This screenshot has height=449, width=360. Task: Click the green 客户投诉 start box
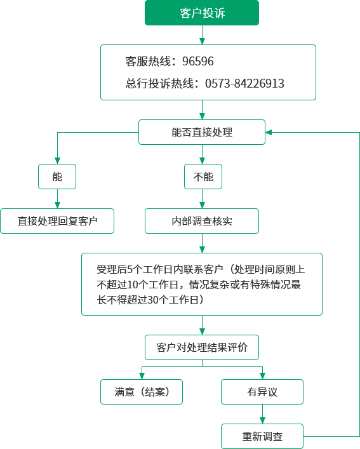pyautogui.click(x=202, y=13)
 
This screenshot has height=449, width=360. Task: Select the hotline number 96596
pyautogui.click(x=197, y=61)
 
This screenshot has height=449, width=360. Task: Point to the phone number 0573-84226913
pyautogui.click(x=244, y=84)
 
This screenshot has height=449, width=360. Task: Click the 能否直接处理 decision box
pyautogui.click(x=202, y=132)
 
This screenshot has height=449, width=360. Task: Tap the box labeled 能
pyautogui.click(x=57, y=177)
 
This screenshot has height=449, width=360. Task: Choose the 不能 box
pyautogui.click(x=203, y=177)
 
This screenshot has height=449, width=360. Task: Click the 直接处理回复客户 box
pyautogui.click(x=57, y=221)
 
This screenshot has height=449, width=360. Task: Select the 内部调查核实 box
pyautogui.click(x=202, y=221)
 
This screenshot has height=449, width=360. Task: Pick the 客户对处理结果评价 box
pyautogui.click(x=202, y=347)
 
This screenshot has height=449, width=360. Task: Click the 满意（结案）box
pyautogui.click(x=142, y=392)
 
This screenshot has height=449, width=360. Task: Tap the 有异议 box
pyautogui.click(x=262, y=392)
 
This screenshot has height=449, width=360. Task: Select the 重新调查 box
pyautogui.click(x=262, y=436)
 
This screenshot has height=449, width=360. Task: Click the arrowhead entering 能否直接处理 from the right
pyautogui.click(x=269, y=132)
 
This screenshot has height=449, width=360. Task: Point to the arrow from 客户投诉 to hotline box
pyautogui.click(x=203, y=35)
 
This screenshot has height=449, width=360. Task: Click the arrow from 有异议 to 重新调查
pyautogui.click(x=262, y=414)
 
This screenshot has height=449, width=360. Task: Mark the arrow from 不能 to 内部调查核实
pyautogui.click(x=203, y=199)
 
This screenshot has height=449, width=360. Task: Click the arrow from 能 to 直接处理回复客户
pyautogui.click(x=58, y=199)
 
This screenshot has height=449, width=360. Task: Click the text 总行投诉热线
pyautogui.click(x=159, y=84)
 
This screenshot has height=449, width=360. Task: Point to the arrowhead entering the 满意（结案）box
pyautogui.click(x=142, y=376)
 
